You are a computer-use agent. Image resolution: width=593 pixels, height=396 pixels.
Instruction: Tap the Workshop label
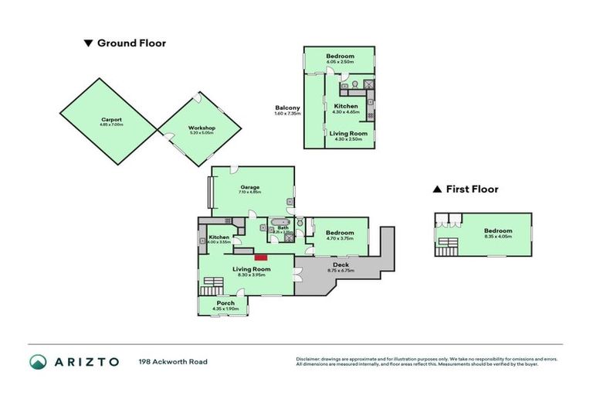(202, 128)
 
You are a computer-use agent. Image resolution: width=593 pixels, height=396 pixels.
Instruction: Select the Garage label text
(249, 186)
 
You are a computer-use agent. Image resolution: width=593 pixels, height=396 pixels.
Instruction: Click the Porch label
(225, 302)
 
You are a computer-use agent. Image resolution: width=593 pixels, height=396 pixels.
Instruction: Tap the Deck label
(341, 265)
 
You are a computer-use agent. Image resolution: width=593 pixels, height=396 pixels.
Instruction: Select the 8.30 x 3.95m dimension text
(249, 275)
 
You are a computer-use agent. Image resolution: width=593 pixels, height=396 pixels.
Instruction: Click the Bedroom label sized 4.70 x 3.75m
(340, 232)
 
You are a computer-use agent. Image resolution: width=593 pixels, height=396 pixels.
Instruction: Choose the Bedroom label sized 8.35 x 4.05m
(498, 230)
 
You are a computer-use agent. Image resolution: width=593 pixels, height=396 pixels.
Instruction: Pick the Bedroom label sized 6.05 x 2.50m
(340, 56)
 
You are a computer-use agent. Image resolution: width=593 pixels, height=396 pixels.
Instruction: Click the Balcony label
(287, 108)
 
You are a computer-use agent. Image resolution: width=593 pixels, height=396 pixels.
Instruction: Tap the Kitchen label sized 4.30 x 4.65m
(346, 106)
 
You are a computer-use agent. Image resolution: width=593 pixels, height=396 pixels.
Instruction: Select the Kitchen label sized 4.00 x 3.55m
(219, 237)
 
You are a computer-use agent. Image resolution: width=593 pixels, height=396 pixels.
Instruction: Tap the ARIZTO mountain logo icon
(38, 362)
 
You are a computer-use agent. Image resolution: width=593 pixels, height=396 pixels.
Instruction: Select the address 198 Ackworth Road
(173, 361)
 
